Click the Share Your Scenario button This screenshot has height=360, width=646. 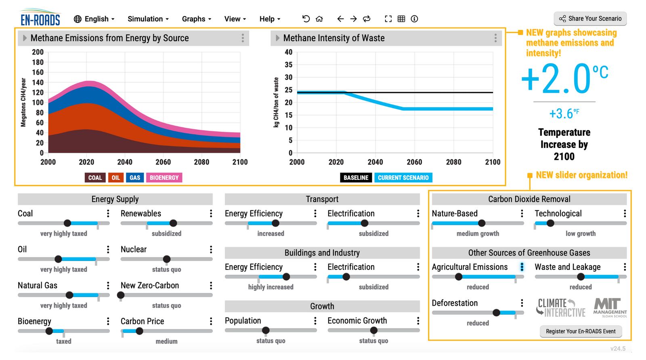pyautogui.click(x=590, y=19)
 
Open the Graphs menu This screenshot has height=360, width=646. pyautogui.click(x=196, y=19)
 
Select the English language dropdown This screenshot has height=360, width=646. pyautogui.click(x=94, y=19)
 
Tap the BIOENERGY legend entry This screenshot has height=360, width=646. pyautogui.click(x=164, y=178)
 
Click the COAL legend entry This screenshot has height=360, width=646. pyautogui.click(x=95, y=178)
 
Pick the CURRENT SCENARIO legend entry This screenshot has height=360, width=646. pyautogui.click(x=403, y=178)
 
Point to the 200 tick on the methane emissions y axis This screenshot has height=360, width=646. pyautogui.click(x=38, y=52)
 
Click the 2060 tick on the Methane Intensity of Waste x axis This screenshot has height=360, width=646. pyautogui.click(x=414, y=162)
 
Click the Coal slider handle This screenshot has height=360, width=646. pyautogui.click(x=67, y=223)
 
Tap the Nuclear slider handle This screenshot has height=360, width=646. pyautogui.click(x=167, y=259)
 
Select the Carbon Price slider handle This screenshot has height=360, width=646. pyautogui.click(x=139, y=331)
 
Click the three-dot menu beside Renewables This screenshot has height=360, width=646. pyautogui.click(x=211, y=213)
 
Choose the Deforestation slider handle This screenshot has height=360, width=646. pyautogui.click(x=496, y=313)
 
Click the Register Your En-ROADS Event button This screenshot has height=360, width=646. pyautogui.click(x=581, y=331)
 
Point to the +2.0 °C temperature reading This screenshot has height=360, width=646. pyautogui.click(x=564, y=78)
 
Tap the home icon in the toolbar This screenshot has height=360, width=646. pyautogui.click(x=319, y=19)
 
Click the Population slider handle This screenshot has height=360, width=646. pyautogui.click(x=266, y=331)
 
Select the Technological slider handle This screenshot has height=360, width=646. pyautogui.click(x=550, y=223)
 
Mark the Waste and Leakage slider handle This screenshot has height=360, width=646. pyautogui.click(x=581, y=277)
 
